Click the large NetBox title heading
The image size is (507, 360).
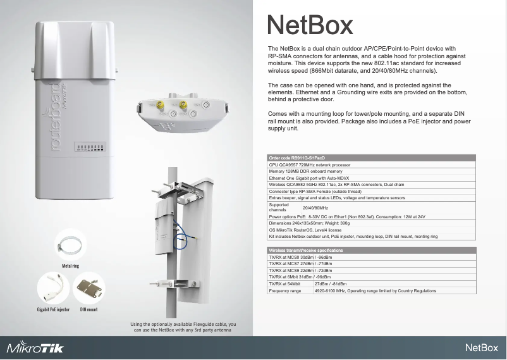pyautogui.click(x=310, y=26)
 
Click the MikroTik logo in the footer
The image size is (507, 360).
pyautogui.click(x=35, y=348)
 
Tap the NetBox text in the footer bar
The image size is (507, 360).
pyautogui.click(x=483, y=348)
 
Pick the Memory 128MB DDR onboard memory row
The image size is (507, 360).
pyautogui.click(x=305, y=171)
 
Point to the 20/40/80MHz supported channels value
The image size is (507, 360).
pyautogui.click(x=315, y=208)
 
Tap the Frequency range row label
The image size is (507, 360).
pyautogui.click(x=285, y=291)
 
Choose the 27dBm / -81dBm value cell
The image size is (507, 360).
pyautogui.click(x=330, y=284)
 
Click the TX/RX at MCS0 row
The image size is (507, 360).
pyautogui.click(x=300, y=258)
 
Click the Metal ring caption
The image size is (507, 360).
pyautogui.click(x=70, y=266)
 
